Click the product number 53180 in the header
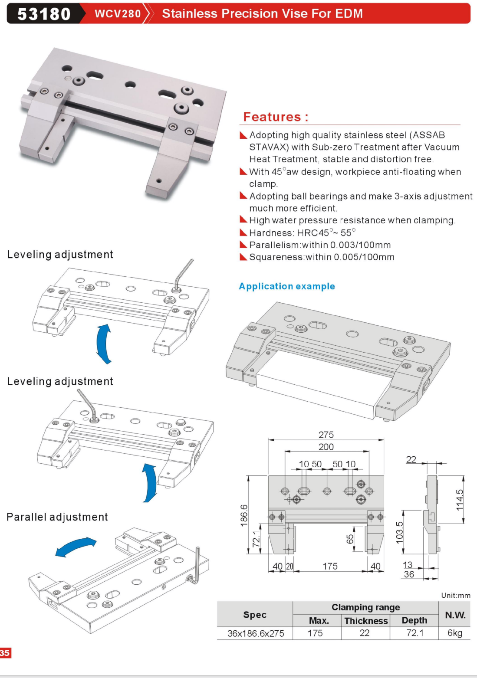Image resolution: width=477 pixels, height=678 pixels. click(44, 14)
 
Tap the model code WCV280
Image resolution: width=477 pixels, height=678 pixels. click(118, 14)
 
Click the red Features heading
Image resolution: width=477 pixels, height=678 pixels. click(276, 117)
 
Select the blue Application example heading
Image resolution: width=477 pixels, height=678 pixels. click(287, 286)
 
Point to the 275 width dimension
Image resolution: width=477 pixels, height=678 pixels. click(326, 435)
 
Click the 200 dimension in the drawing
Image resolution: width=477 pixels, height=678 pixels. click(326, 447)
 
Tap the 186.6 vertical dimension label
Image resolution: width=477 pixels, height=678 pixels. click(244, 515)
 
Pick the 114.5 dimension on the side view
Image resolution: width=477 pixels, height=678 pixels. click(460, 500)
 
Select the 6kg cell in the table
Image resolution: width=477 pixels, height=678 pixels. click(455, 633)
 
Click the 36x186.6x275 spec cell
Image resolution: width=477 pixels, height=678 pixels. click(256, 633)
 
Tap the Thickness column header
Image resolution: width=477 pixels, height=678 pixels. click(366, 621)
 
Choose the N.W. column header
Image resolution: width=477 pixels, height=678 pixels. click(455, 615)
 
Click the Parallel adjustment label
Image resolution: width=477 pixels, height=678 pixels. click(57, 517)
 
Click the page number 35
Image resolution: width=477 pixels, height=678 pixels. click(5, 653)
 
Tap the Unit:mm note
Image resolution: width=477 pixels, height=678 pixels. click(456, 596)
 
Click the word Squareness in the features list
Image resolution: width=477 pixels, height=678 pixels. click(276, 257)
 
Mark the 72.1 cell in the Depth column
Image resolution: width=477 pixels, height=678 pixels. click(414, 633)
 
